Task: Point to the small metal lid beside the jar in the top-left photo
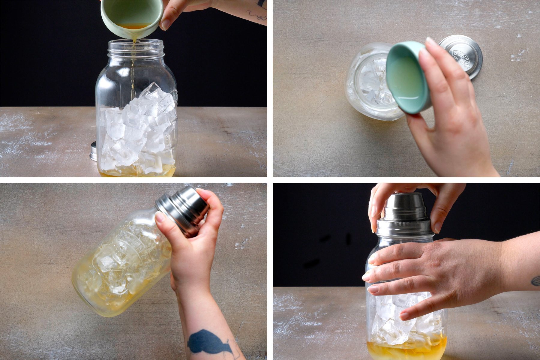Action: click(x=93, y=151)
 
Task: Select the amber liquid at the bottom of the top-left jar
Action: click(x=135, y=172)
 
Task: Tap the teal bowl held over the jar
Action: click(x=408, y=78)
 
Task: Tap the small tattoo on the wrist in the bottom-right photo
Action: click(x=535, y=281)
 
